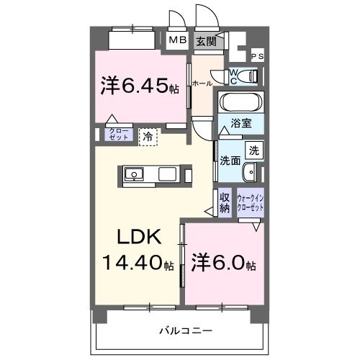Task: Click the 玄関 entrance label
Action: [x=207, y=41]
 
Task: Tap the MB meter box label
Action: [x=177, y=41]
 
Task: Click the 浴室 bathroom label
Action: [x=240, y=123]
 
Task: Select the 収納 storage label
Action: [x=224, y=203]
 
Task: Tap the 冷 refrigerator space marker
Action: [x=148, y=135]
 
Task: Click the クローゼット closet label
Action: [x=117, y=133]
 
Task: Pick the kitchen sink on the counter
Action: [x=135, y=174]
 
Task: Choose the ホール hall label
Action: [x=202, y=84]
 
